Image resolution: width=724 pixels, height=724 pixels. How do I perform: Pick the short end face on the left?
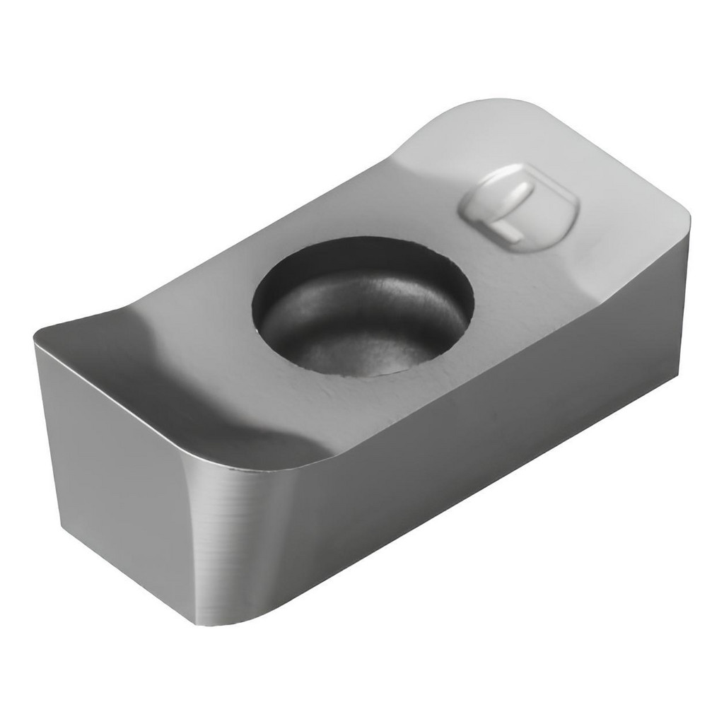[115, 462]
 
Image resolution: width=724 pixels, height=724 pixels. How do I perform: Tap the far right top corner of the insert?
[688, 217]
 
